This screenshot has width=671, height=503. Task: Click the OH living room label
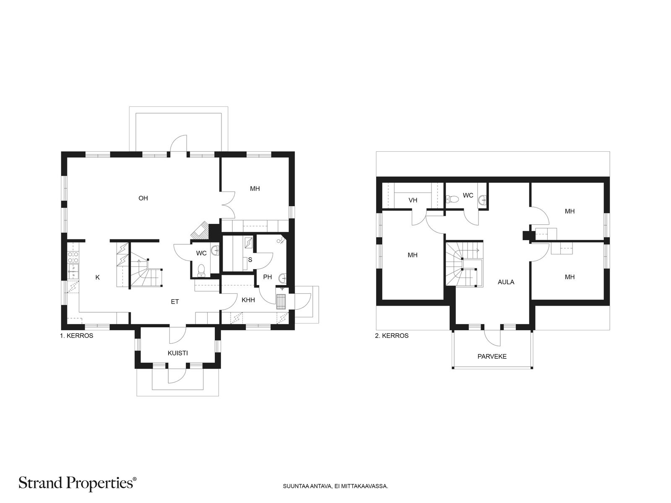point(143,198)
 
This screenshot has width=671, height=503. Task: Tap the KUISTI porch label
point(178,353)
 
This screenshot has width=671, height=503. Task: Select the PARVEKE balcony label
point(492,356)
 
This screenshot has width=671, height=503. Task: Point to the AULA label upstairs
point(506,282)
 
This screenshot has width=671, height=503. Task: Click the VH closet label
point(413,200)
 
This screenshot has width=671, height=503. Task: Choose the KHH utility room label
point(248,300)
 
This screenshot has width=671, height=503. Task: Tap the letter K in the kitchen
point(98,277)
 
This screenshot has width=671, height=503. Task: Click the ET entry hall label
point(174,302)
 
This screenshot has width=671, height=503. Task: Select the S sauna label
point(250,260)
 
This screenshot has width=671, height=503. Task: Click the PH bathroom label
point(268,277)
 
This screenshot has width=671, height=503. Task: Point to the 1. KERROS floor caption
point(76,336)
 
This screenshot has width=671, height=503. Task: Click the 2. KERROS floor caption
point(392,336)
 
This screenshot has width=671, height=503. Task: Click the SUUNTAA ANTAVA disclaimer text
point(335,486)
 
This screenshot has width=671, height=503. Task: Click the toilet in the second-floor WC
point(453,199)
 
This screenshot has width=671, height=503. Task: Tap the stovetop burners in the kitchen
point(74,257)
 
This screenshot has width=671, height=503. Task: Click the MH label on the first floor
point(255,189)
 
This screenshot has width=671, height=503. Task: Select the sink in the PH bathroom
point(283,278)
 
